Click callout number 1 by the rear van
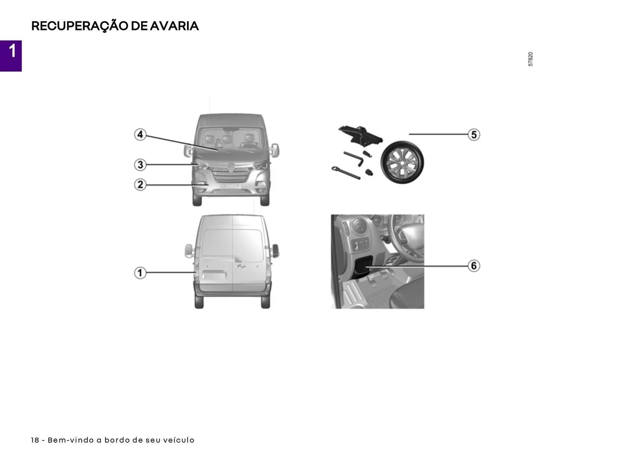pos(140,273)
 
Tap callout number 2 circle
pos(140,185)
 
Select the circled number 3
pos(140,164)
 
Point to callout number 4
pos(140,134)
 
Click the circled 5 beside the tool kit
pos(474,134)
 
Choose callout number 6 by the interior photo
pos(474,266)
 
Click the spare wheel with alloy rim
pos(402,162)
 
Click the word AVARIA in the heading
pos(174,26)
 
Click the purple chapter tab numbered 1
pos(11,56)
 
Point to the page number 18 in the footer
pos(35,440)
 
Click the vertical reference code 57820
pos(530,59)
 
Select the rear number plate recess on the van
pos(214,275)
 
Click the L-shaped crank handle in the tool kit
pos(354,158)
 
